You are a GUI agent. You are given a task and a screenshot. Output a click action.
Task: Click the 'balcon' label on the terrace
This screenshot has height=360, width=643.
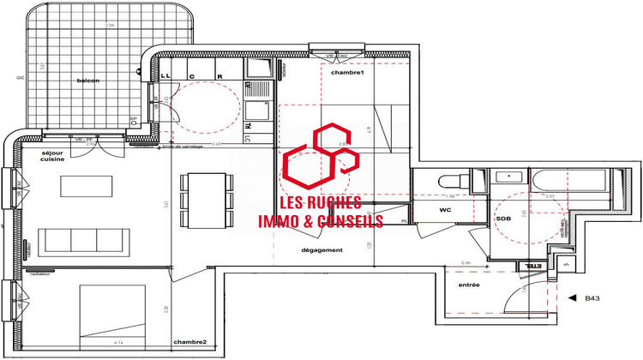point(88,81)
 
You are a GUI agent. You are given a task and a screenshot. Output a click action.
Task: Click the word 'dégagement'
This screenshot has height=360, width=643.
point(322,250)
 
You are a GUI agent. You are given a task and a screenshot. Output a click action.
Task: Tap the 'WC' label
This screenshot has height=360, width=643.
point(446,209)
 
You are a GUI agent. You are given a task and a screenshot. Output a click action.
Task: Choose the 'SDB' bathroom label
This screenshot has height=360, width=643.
point(504,219)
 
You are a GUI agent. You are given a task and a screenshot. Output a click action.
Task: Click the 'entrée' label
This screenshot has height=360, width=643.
point(469,284)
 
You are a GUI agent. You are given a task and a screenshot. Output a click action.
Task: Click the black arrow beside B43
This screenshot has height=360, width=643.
point(573,298)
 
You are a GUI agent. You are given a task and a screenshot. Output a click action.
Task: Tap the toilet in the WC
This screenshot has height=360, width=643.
point(448,181)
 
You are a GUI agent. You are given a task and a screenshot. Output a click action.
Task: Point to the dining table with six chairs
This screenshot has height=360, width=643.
point(206,199)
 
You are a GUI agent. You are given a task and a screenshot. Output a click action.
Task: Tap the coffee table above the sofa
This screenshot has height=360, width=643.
point(87,186)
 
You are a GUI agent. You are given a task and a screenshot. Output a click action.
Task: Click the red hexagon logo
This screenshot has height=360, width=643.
point(319,159)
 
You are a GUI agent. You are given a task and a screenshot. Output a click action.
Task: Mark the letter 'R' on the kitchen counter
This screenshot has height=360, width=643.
point(220,75)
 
